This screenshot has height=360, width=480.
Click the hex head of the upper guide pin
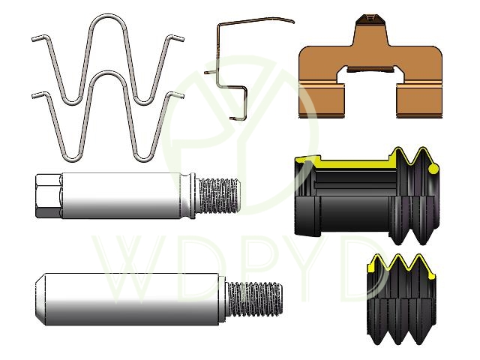(x=49, y=196)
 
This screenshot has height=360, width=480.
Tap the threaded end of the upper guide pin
(x=219, y=196)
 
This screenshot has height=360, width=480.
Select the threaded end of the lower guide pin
(x=255, y=299)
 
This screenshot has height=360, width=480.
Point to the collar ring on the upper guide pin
(x=192, y=196)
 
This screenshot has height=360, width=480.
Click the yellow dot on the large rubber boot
(x=433, y=169)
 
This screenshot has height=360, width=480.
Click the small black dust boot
(x=402, y=299)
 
